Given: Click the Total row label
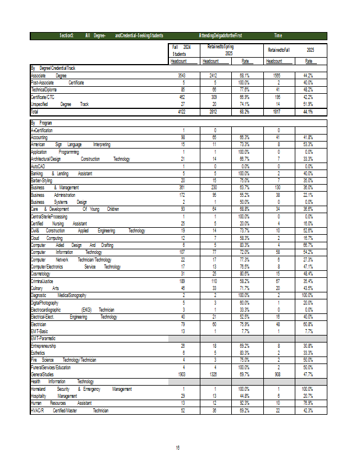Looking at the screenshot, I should [34, 111].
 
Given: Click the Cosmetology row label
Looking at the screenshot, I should [40, 274].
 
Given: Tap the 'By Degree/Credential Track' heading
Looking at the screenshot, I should [53, 69].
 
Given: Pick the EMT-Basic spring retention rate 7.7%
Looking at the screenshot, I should [244, 331].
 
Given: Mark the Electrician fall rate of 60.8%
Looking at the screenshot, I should [308, 324].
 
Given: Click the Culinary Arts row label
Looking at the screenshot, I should [45, 288].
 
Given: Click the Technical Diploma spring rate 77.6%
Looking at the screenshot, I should [244, 90].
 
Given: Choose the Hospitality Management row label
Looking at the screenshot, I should [54, 396].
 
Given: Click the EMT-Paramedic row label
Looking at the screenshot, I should [44, 338].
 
